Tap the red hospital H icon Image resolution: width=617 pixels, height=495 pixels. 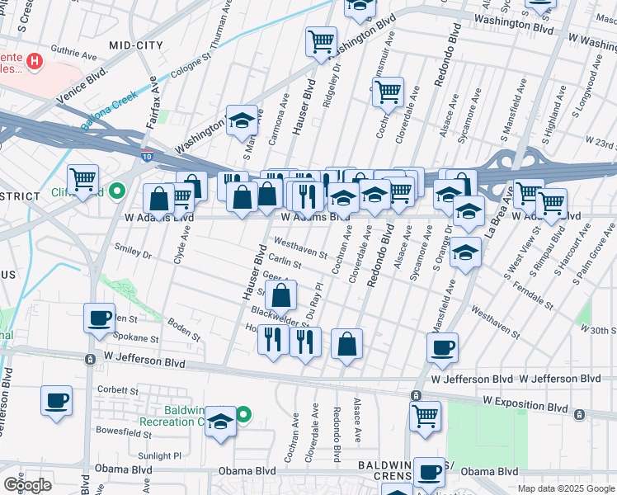pyautogui.click(x=34, y=60)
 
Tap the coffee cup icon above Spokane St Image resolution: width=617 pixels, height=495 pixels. pyautogui.click(x=99, y=318)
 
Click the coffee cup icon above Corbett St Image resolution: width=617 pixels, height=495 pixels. pyautogui.click(x=56, y=400)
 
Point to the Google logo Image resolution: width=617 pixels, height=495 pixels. pyautogui.click(x=27, y=485)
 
